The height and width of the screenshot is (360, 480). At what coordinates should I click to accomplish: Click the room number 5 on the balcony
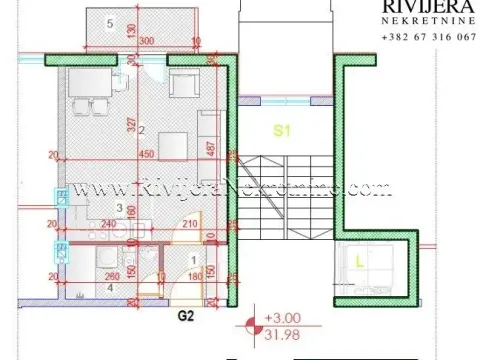point(109,21)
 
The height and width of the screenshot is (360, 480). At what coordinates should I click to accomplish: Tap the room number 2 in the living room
point(142,129)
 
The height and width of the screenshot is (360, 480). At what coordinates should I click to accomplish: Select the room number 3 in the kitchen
point(119,207)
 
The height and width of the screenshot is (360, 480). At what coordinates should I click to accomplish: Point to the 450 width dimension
point(145,155)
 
